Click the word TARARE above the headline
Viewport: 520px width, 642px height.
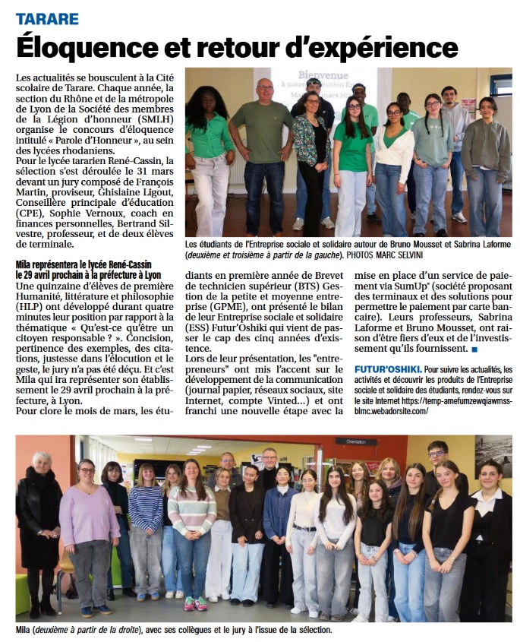click(x=46, y=18)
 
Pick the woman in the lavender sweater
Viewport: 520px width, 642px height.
click(x=89, y=532)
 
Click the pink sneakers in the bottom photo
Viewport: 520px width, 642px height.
click(x=194, y=603)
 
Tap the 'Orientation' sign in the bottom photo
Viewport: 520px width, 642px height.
click(x=356, y=441)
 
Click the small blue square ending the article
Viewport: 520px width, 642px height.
click(x=474, y=349)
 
